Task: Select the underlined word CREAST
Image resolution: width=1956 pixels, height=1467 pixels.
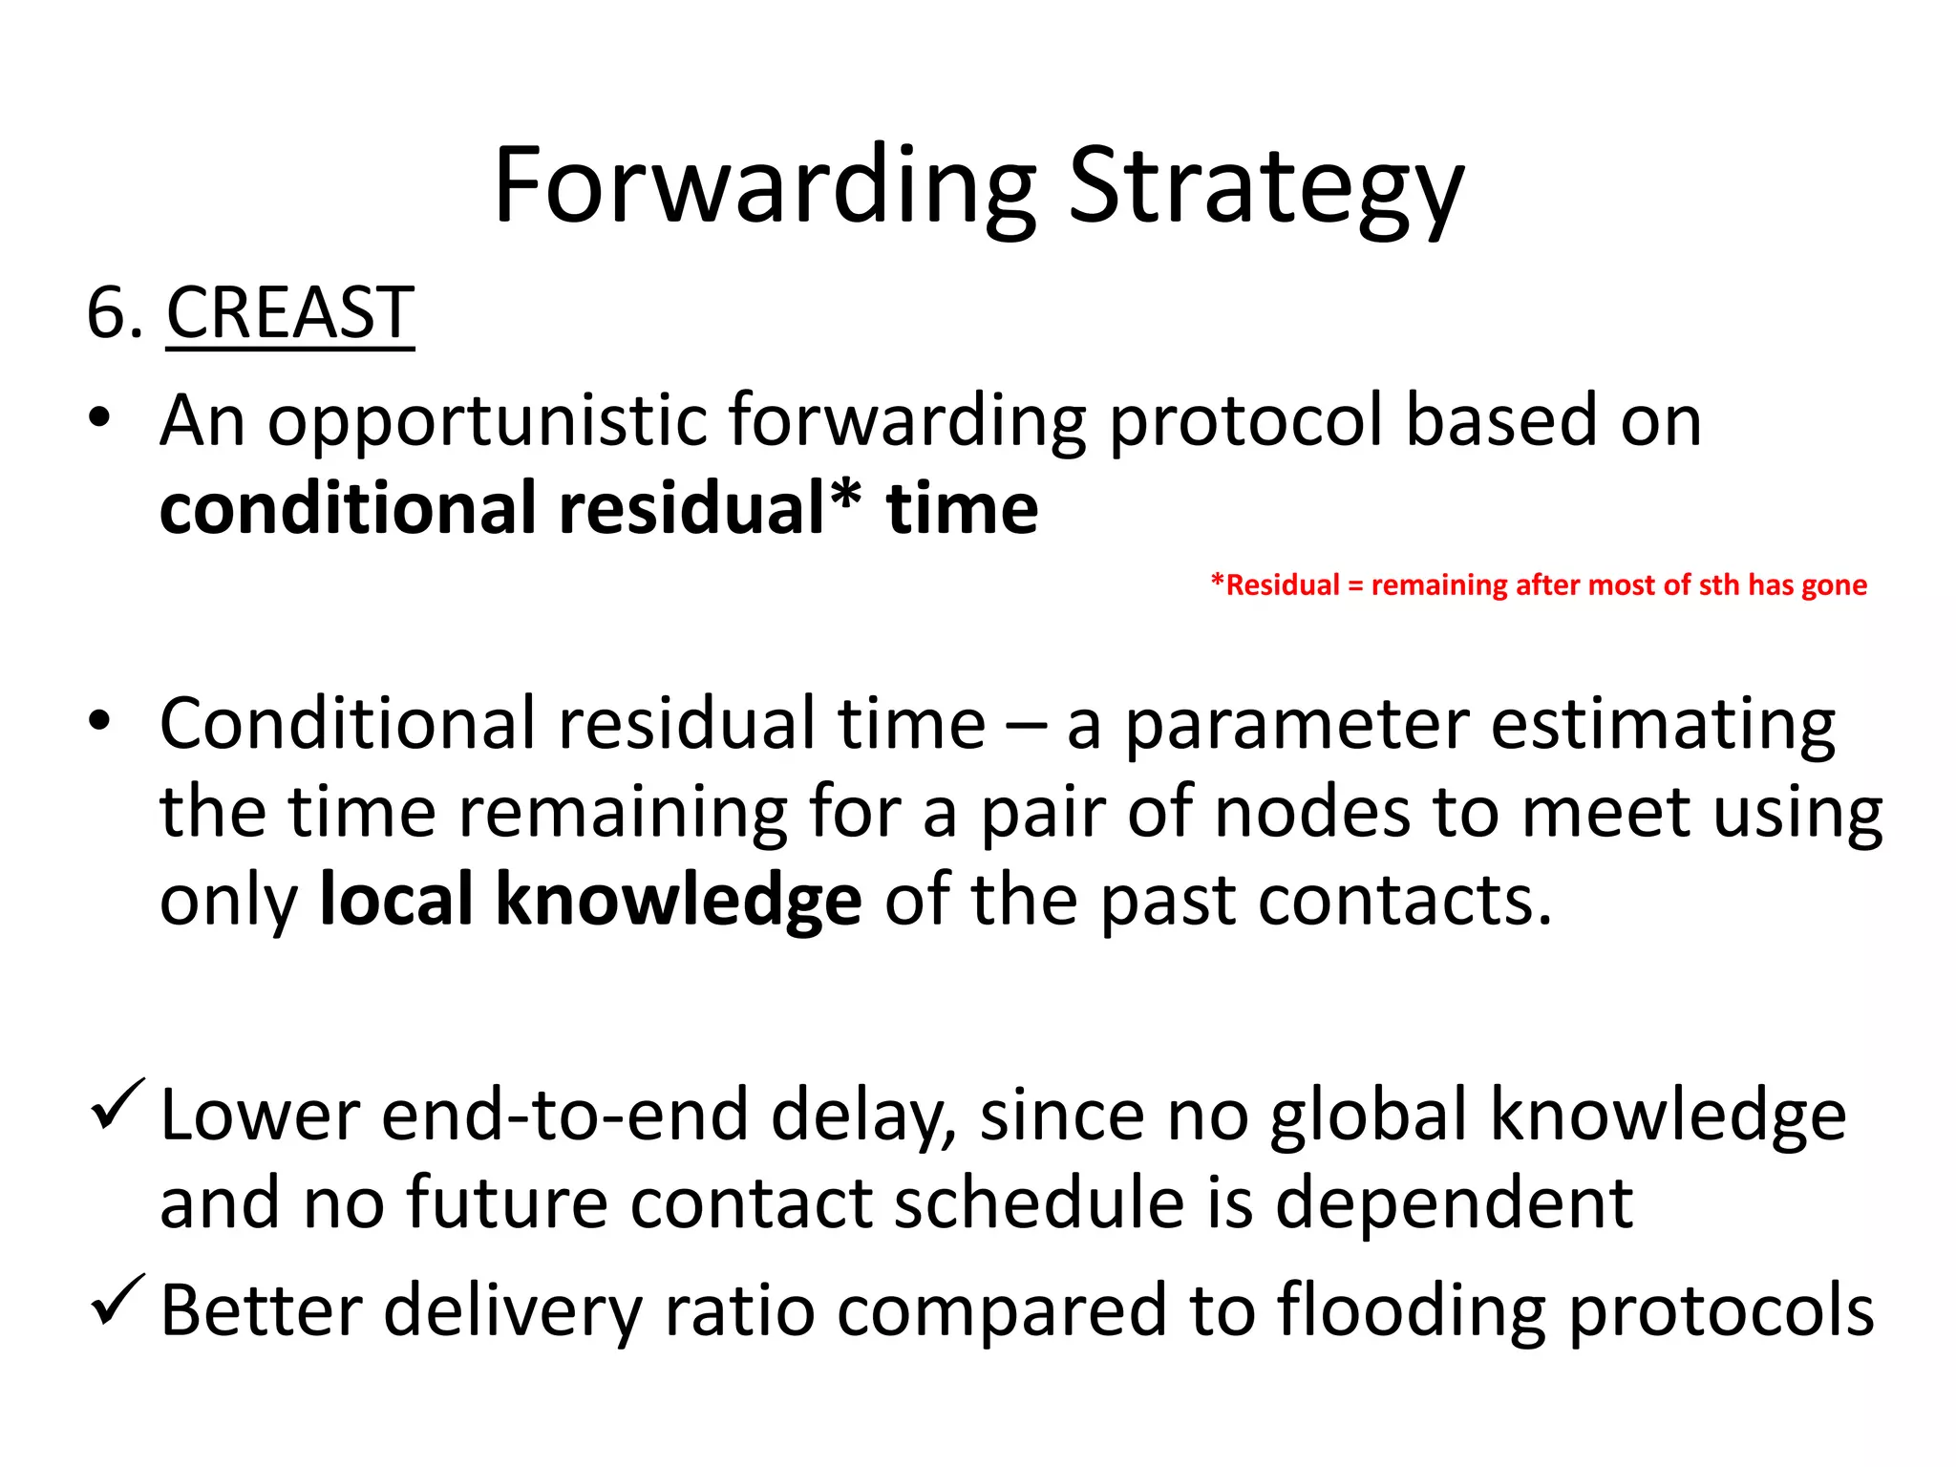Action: (290, 313)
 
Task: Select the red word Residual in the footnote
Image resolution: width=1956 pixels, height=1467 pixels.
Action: (1283, 585)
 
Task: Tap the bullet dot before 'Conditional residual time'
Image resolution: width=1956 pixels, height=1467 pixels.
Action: (99, 722)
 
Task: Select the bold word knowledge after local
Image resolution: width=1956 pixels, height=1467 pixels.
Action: (678, 901)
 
